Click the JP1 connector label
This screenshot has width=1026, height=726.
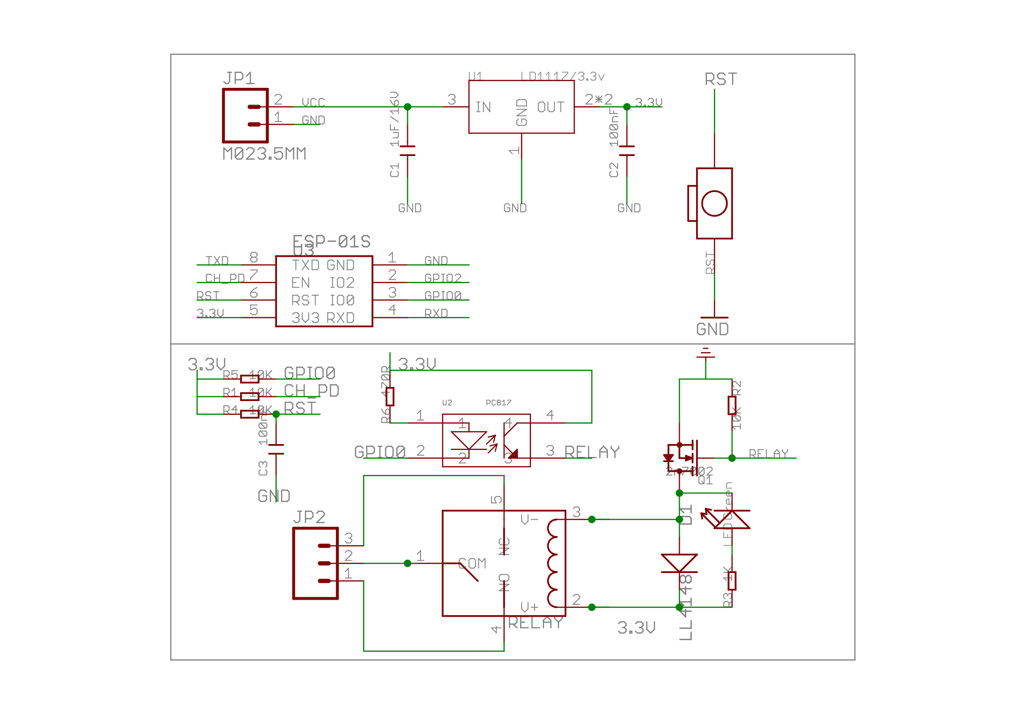click(x=239, y=78)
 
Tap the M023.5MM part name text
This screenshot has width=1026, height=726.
click(x=264, y=154)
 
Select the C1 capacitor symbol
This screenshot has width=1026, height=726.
click(x=407, y=150)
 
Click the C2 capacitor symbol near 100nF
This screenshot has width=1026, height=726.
click(x=626, y=150)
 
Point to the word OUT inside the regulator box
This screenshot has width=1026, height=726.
click(x=550, y=107)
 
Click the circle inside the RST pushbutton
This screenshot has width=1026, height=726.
click(x=714, y=203)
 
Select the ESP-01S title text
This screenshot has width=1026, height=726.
click(x=331, y=241)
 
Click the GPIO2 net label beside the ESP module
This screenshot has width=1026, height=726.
click(x=443, y=278)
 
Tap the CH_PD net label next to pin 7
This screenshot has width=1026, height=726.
click(x=225, y=278)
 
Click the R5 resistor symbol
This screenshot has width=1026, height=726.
click(x=250, y=379)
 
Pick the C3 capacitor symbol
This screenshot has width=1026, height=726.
click(x=276, y=449)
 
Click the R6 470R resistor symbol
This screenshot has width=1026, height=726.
click(x=390, y=396)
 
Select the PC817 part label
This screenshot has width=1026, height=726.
click(x=498, y=403)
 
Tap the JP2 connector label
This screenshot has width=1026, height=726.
click(x=309, y=517)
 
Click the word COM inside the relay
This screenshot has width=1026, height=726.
click(x=472, y=563)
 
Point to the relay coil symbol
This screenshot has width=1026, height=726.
click(x=553, y=563)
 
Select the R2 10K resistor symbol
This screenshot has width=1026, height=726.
click(x=732, y=405)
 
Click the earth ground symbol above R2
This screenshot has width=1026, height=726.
click(x=705, y=353)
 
